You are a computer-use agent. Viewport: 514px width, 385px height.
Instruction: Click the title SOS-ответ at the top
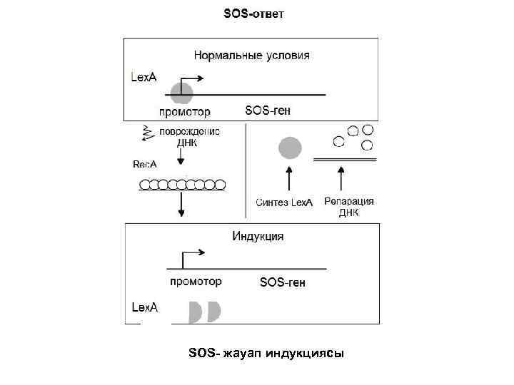click(253, 14)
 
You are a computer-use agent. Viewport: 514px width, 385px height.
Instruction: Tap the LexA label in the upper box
click(143, 76)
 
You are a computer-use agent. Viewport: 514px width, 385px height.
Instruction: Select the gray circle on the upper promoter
click(181, 92)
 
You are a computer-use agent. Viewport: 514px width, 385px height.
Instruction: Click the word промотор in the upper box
click(184, 111)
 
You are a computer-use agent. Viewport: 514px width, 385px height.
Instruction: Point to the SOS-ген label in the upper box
click(268, 111)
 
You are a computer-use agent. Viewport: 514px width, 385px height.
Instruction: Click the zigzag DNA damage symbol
click(148, 132)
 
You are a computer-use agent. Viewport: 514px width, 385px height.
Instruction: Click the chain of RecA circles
click(182, 185)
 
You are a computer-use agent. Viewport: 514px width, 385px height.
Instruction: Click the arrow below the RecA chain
click(182, 205)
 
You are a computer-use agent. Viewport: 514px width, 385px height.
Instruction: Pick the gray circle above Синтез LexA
click(289, 148)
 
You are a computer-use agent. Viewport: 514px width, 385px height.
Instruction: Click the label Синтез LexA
click(284, 202)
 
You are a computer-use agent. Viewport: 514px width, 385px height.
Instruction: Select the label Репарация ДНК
click(349, 206)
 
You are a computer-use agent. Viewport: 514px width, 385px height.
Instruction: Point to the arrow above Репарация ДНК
click(341, 179)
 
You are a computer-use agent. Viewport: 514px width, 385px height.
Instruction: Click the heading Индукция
click(258, 236)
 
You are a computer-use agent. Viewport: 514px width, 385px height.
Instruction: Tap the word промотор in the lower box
click(195, 282)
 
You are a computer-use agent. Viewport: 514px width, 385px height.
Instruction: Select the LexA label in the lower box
click(145, 307)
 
